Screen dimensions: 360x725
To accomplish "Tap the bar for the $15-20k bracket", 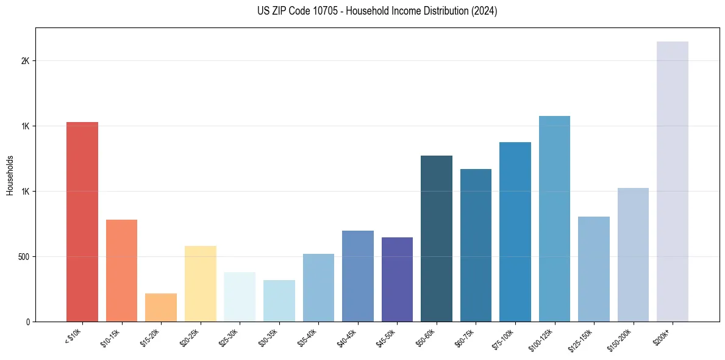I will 161,308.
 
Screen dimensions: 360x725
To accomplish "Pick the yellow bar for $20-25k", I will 200,284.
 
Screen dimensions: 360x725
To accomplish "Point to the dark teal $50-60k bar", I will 436,239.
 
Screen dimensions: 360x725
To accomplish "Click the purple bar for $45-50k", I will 397,279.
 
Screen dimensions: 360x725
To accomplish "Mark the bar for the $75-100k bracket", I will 515,232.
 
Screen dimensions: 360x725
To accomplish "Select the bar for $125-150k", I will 593,269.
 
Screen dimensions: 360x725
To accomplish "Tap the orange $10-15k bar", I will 121,270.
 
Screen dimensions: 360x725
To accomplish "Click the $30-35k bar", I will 279,301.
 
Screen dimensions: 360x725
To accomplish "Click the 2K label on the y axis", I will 24,61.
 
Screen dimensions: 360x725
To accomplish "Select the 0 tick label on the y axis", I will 27,322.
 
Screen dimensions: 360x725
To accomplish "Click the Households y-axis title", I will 10,175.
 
